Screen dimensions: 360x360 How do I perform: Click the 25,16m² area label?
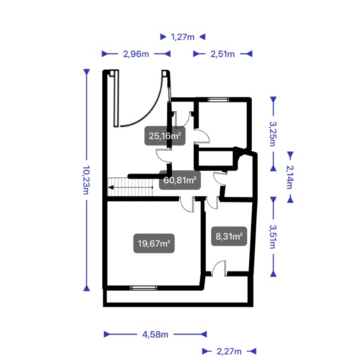pyautogui.click(x=165, y=136)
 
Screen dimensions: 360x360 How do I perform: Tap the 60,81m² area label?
pyautogui.click(x=180, y=180)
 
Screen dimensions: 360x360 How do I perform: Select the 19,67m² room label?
pyautogui.click(x=154, y=243)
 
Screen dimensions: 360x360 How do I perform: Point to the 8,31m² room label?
pyautogui.click(x=229, y=236)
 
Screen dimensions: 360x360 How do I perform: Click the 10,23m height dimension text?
pyautogui.click(x=86, y=180)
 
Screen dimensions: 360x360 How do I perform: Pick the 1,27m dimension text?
pyautogui.click(x=183, y=37)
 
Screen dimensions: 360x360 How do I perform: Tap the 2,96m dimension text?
pyautogui.click(x=136, y=54)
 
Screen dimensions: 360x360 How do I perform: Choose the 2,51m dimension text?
pyautogui.click(x=222, y=54)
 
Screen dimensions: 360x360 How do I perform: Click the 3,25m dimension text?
pyautogui.click(x=273, y=134)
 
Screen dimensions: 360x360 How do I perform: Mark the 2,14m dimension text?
pyautogui.click(x=290, y=177)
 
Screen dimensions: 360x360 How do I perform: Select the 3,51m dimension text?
pyautogui.click(x=273, y=237)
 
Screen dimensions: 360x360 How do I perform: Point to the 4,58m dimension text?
pyautogui.click(x=156, y=334)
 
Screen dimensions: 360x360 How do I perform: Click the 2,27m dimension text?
pyautogui.click(x=229, y=351)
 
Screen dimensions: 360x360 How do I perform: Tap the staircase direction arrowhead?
pyautogui.click(x=111, y=187)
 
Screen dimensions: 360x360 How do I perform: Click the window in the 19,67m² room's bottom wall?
pyautogui.click(x=143, y=288)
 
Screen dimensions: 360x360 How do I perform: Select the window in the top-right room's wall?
pyautogui.click(x=218, y=99)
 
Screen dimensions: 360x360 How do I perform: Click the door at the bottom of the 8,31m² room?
pyautogui.click(x=219, y=269)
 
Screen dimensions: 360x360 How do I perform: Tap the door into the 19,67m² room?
pyautogui.click(x=187, y=204)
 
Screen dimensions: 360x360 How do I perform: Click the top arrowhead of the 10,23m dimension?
pyautogui.click(x=86, y=72)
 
